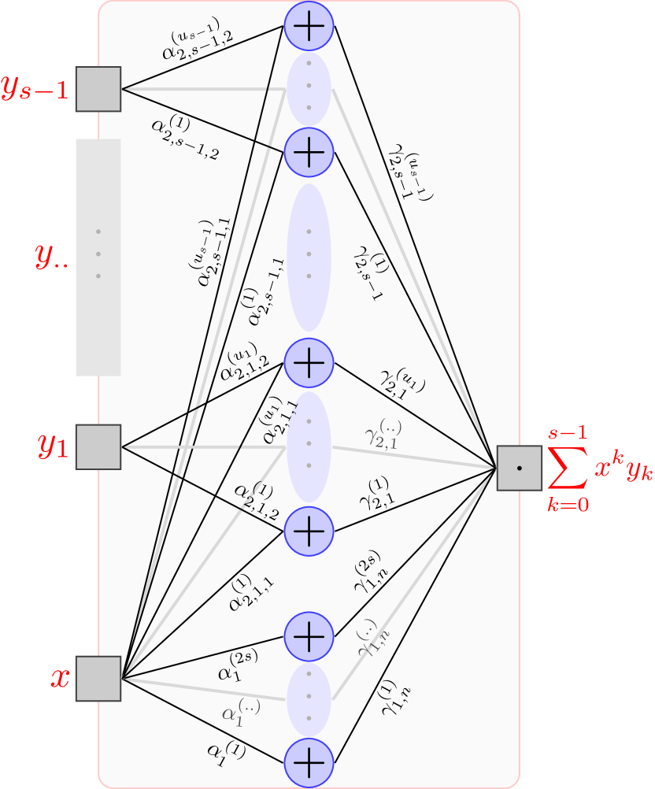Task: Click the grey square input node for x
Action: (98, 678)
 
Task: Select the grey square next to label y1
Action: (98, 447)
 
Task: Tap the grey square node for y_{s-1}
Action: (98, 89)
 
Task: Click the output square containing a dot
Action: (520, 468)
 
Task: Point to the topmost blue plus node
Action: (309, 26)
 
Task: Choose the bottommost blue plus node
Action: (309, 761)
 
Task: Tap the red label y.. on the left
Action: (52, 257)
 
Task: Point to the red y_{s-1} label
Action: (35, 89)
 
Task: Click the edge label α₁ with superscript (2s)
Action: (237, 665)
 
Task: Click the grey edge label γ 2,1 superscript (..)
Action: (383, 435)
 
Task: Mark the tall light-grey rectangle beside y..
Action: (98, 257)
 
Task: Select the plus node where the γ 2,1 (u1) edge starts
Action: (309, 362)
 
